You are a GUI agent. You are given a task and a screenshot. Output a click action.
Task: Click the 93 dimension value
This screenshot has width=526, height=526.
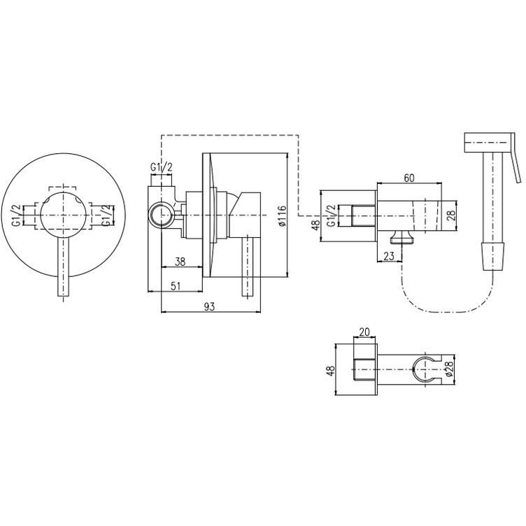click(x=209, y=306)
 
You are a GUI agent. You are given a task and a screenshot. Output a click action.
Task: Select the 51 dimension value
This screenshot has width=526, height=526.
click(x=176, y=286)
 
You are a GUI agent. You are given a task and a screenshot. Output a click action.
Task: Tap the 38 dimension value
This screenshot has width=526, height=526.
click(x=180, y=262)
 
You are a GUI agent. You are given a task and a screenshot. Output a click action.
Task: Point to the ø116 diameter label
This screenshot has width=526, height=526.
click(x=282, y=215)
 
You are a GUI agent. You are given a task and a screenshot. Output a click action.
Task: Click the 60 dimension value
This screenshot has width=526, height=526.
click(x=408, y=178)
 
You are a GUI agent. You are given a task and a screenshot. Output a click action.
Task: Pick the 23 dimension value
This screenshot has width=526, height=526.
click(x=388, y=256)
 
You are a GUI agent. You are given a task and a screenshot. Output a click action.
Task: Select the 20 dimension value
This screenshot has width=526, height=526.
click(x=364, y=332)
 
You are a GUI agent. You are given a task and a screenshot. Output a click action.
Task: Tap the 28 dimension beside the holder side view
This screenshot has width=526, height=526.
click(x=451, y=215)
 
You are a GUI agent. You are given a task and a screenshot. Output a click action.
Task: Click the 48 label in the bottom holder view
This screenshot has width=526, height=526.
click(x=330, y=370)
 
